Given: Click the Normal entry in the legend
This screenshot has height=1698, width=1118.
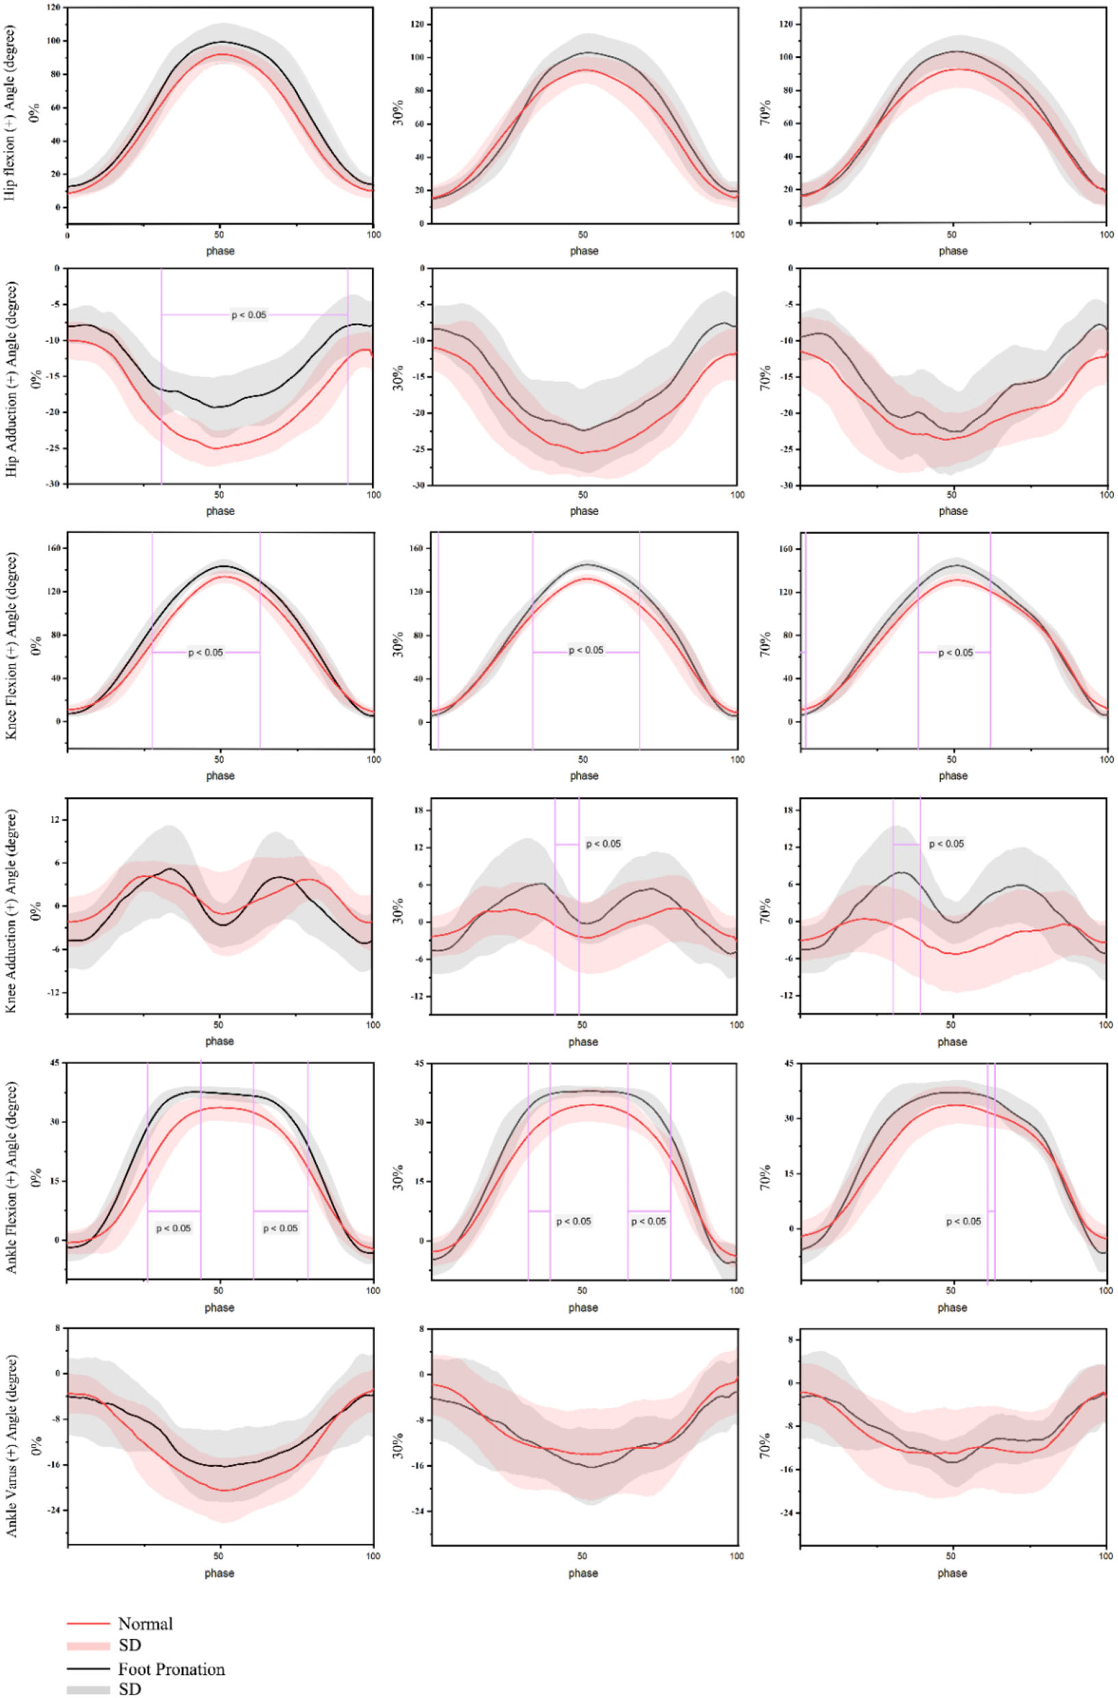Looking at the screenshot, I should pyautogui.click(x=145, y=1624).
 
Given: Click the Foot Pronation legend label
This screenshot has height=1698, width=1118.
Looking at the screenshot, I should pyautogui.click(x=171, y=1669).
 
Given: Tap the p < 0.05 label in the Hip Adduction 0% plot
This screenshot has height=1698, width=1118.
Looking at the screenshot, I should pyautogui.click(x=249, y=315).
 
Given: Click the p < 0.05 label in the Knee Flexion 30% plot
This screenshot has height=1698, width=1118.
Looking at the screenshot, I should pyautogui.click(x=586, y=650).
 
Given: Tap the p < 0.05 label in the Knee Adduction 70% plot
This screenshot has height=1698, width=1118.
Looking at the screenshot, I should pyautogui.click(x=946, y=844).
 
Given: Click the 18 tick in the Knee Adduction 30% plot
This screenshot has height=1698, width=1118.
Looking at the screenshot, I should pyautogui.click(x=420, y=811).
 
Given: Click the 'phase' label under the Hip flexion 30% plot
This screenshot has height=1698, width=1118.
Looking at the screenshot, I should pyautogui.click(x=583, y=251).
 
